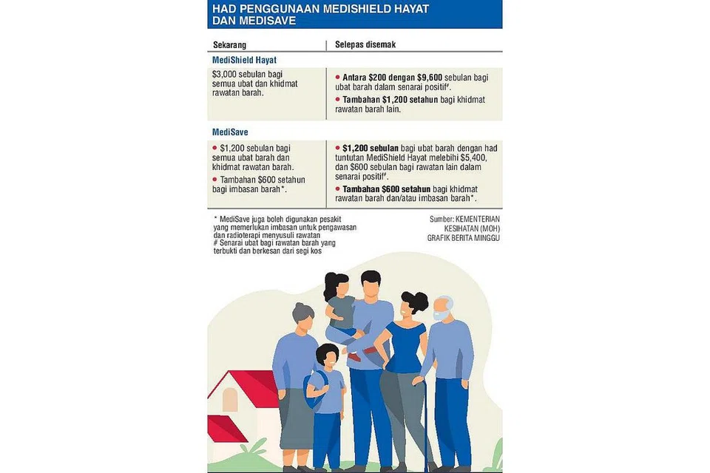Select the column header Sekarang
tap(229, 45)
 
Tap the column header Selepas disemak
tap(365, 44)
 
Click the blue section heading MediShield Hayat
tap(244, 60)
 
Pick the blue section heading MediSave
tap(230, 132)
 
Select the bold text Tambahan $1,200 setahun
tap(390, 100)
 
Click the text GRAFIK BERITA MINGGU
tap(464, 238)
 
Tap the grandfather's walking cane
tap(425, 421)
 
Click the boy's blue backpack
tap(312, 390)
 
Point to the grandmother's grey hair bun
tap(302, 310)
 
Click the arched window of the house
tap(230, 400)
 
